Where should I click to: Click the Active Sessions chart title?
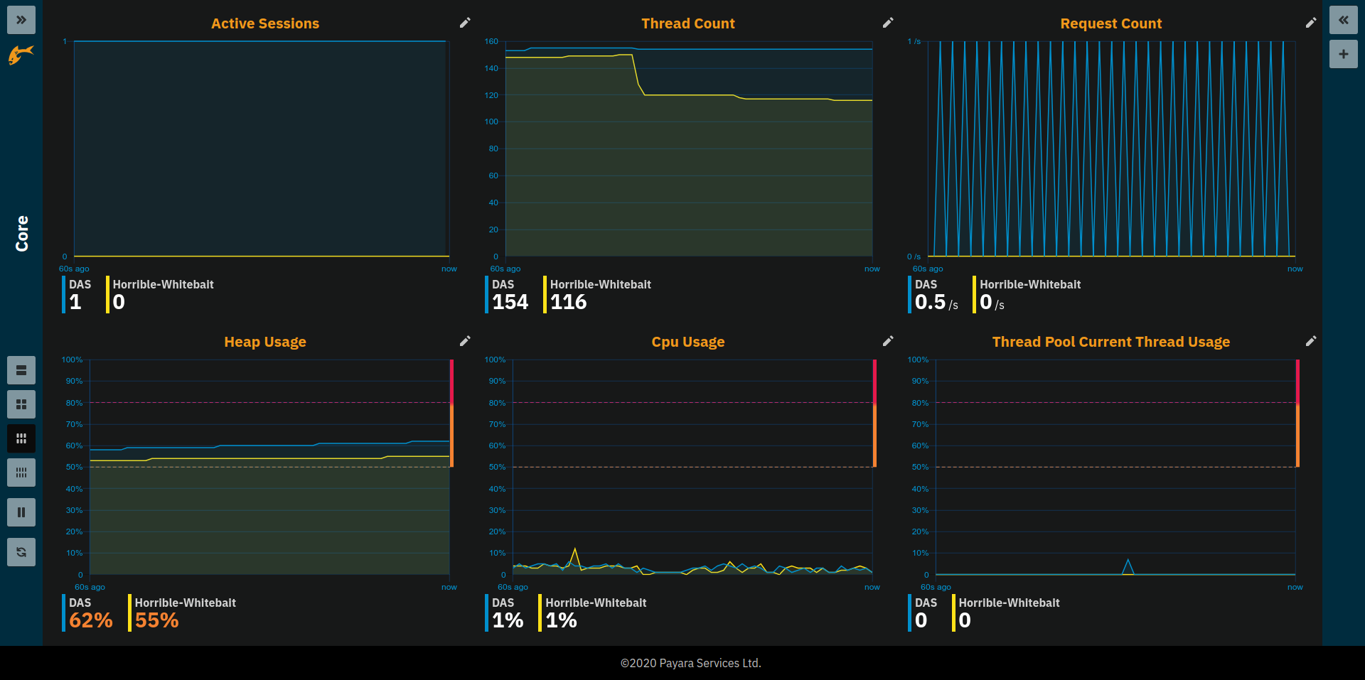(x=265, y=23)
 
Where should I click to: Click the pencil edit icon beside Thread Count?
(x=888, y=23)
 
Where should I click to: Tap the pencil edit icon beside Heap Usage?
(x=465, y=341)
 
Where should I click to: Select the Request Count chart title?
(x=1110, y=23)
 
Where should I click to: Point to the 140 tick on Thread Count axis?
(x=491, y=68)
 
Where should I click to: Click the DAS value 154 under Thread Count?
(x=510, y=302)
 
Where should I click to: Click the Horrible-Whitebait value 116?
(x=568, y=302)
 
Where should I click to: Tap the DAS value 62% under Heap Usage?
(x=91, y=620)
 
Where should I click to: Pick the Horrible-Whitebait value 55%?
(x=156, y=620)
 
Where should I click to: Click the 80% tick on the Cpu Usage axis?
(x=497, y=403)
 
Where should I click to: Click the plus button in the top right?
(x=1343, y=54)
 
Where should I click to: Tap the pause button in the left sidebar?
(x=21, y=512)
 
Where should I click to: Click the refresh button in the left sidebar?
(x=21, y=552)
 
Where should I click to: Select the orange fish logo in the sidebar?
(x=21, y=54)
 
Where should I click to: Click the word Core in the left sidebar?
(x=22, y=234)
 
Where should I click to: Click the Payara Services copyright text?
(x=690, y=663)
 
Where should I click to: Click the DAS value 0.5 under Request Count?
(x=930, y=302)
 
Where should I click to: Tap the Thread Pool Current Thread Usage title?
(x=1110, y=342)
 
